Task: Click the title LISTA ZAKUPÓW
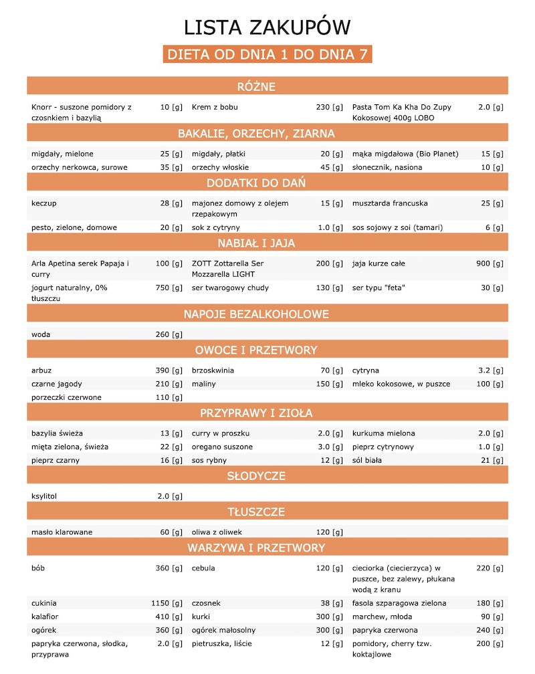[267, 27]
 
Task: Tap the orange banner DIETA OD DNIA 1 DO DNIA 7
[267, 54]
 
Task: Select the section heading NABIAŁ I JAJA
[267, 242]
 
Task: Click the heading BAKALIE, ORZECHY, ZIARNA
[267, 134]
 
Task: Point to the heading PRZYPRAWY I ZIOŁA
[267, 413]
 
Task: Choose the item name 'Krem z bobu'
[215, 107]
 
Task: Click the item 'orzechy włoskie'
[219, 167]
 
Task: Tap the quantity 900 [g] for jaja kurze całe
[490, 263]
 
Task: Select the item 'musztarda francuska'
[390, 203]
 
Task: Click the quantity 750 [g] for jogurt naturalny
[167, 288]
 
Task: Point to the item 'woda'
[41, 334]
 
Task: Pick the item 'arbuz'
[42, 370]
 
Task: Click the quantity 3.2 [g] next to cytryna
[491, 370]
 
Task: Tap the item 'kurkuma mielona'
[383, 433]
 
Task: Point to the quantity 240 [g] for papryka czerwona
[490, 630]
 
